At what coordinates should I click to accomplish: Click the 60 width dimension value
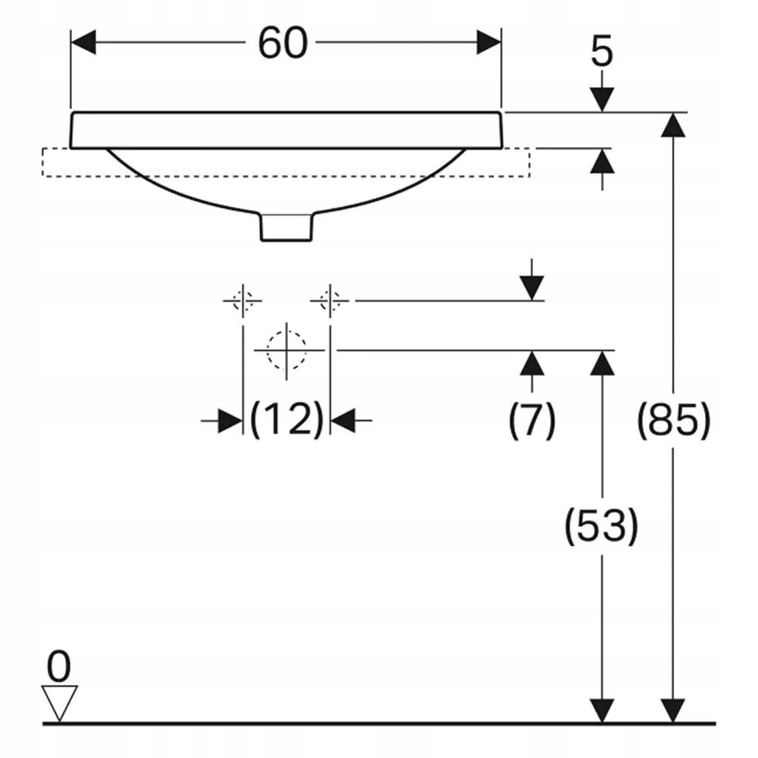pos(283,43)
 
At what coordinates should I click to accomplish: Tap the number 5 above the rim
pos(602,51)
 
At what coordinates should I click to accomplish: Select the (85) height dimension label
pos(673,420)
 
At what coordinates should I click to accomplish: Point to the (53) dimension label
pos(601,525)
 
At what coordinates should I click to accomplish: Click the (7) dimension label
pos(532,420)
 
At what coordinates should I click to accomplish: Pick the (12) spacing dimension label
pos(287,419)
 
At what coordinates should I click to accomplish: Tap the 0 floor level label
pos(59,666)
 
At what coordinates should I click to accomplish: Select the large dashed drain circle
pos(287,349)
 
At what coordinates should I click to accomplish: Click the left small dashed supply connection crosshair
pos(243,301)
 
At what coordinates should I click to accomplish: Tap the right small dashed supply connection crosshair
pos(330,301)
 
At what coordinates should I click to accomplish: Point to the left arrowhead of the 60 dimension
pos(83,42)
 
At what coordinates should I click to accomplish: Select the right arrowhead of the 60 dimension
pos(489,42)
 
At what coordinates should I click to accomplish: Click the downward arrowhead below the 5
pos(602,99)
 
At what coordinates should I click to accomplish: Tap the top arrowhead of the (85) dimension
pos(673,125)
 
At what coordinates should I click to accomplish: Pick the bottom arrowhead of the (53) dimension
pos(602,711)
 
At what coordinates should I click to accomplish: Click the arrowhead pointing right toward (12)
pos(230,421)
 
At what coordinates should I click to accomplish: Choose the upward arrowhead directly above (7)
pos(532,362)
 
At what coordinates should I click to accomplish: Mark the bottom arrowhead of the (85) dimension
pos(673,711)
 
